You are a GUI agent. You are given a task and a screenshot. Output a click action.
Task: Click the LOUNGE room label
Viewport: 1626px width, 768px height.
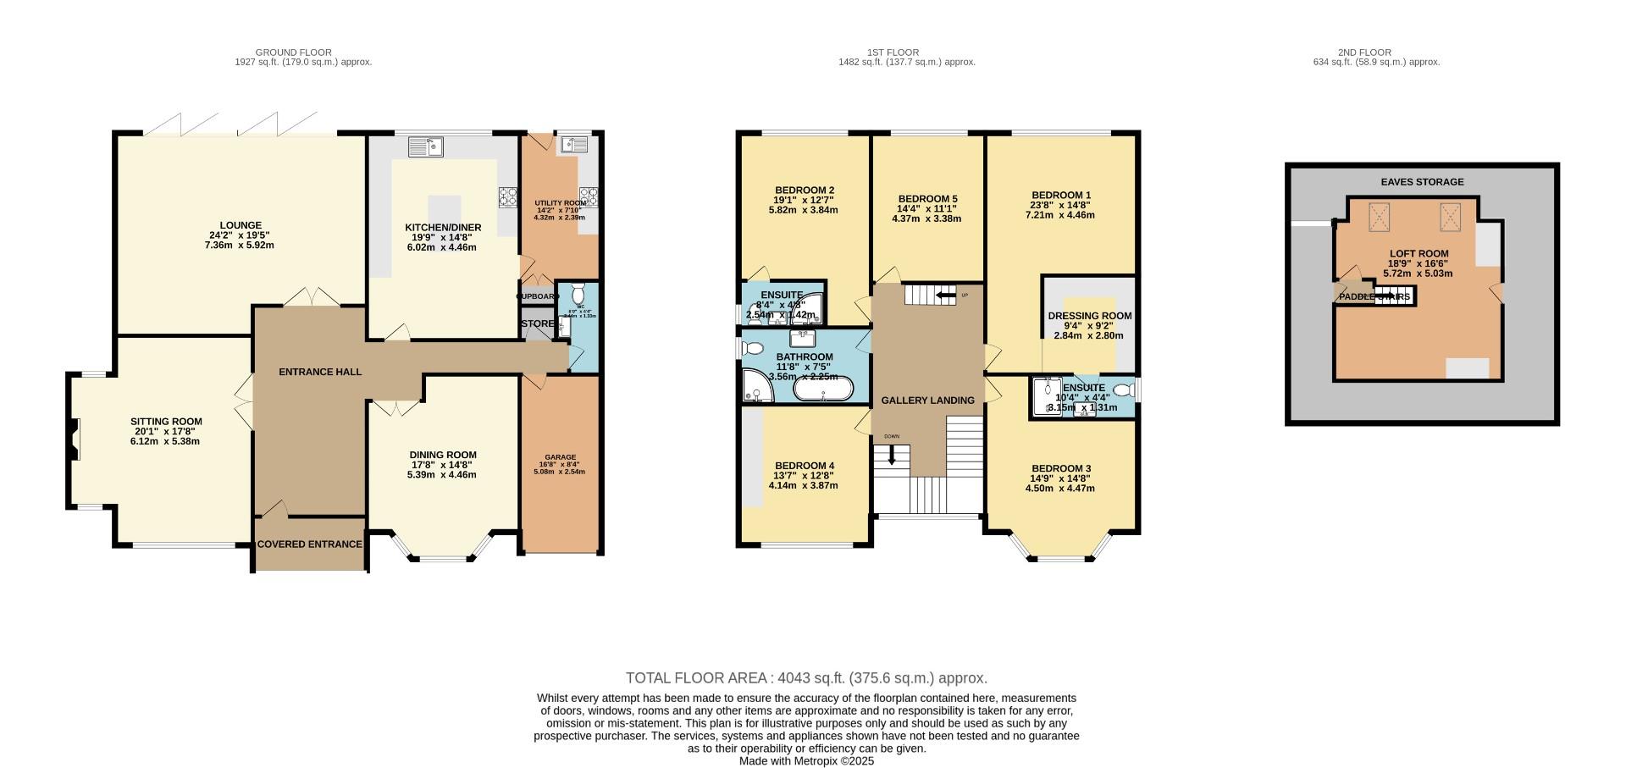click(241, 225)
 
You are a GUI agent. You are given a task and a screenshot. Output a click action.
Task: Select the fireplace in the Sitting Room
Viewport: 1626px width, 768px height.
click(74, 439)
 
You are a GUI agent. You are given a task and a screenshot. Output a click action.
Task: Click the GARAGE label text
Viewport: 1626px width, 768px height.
click(560, 457)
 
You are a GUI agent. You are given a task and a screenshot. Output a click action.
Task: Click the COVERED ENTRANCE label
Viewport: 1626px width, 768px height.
click(309, 544)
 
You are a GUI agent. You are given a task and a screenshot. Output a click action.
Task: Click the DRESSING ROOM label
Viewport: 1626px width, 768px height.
click(1089, 316)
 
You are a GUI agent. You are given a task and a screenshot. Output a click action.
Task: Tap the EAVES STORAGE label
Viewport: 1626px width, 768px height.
click(1422, 182)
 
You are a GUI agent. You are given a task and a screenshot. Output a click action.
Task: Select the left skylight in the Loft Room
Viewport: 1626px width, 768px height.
click(1379, 217)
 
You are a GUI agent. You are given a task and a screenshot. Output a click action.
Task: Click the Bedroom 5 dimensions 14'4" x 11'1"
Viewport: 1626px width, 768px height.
click(927, 208)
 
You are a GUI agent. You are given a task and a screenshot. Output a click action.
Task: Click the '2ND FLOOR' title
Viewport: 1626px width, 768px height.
click(1376, 52)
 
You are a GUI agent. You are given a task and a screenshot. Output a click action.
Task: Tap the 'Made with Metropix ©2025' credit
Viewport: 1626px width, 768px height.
click(806, 761)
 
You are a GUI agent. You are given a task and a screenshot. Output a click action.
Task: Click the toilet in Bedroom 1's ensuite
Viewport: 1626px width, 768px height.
click(1123, 390)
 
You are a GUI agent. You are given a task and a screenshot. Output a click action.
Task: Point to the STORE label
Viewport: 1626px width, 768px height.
click(537, 324)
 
